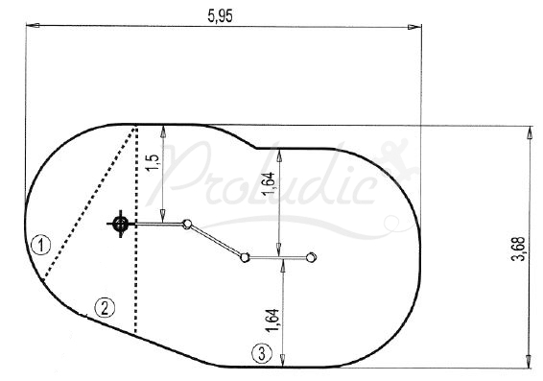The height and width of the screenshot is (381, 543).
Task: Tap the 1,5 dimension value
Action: click(x=153, y=160)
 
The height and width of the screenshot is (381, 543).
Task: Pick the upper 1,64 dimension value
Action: click(x=268, y=181)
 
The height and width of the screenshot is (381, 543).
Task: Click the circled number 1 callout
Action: click(x=39, y=244)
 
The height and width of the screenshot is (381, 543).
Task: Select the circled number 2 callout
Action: click(x=104, y=308)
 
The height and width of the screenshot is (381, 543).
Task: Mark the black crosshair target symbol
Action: click(x=120, y=225)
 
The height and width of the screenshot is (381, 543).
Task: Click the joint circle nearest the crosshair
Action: click(x=188, y=225)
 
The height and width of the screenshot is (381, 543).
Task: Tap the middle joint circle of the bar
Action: click(x=246, y=256)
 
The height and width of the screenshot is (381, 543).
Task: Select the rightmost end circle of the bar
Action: click(x=310, y=256)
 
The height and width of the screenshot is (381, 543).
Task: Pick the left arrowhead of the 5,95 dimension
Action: click(x=30, y=28)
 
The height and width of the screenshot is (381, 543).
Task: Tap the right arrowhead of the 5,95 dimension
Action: click(x=414, y=28)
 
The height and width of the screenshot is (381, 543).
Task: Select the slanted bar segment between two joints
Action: click(x=217, y=240)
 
